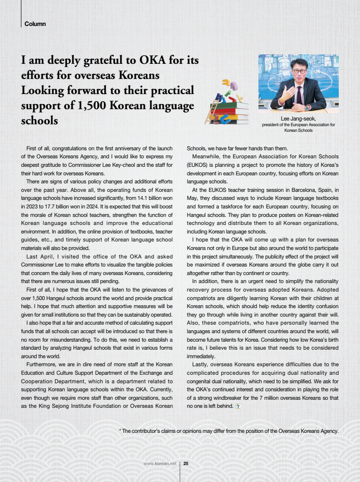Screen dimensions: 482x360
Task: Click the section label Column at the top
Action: point(35,24)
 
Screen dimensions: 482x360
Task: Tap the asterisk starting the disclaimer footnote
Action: point(120,431)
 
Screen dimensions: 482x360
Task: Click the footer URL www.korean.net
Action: point(160,464)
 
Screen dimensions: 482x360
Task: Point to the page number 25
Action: point(186,464)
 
